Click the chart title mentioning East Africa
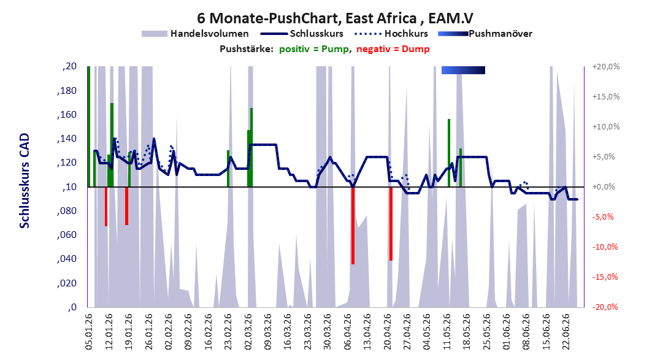coord(335,18)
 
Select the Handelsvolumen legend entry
coord(195,33)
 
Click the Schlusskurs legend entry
coord(302,33)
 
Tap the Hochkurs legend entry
coord(391,33)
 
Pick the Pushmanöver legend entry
coord(485,33)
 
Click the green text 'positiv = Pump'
coord(314,49)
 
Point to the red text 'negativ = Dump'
coord(393,49)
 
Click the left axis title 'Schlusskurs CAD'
coord(25,181)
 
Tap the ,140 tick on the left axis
coord(67,139)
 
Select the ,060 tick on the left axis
coord(67,234)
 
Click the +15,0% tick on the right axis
coord(606,97)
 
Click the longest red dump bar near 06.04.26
coord(353,226)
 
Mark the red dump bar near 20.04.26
coord(391,224)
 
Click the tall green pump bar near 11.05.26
coord(449,153)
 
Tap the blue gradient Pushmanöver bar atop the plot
coord(464,70)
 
